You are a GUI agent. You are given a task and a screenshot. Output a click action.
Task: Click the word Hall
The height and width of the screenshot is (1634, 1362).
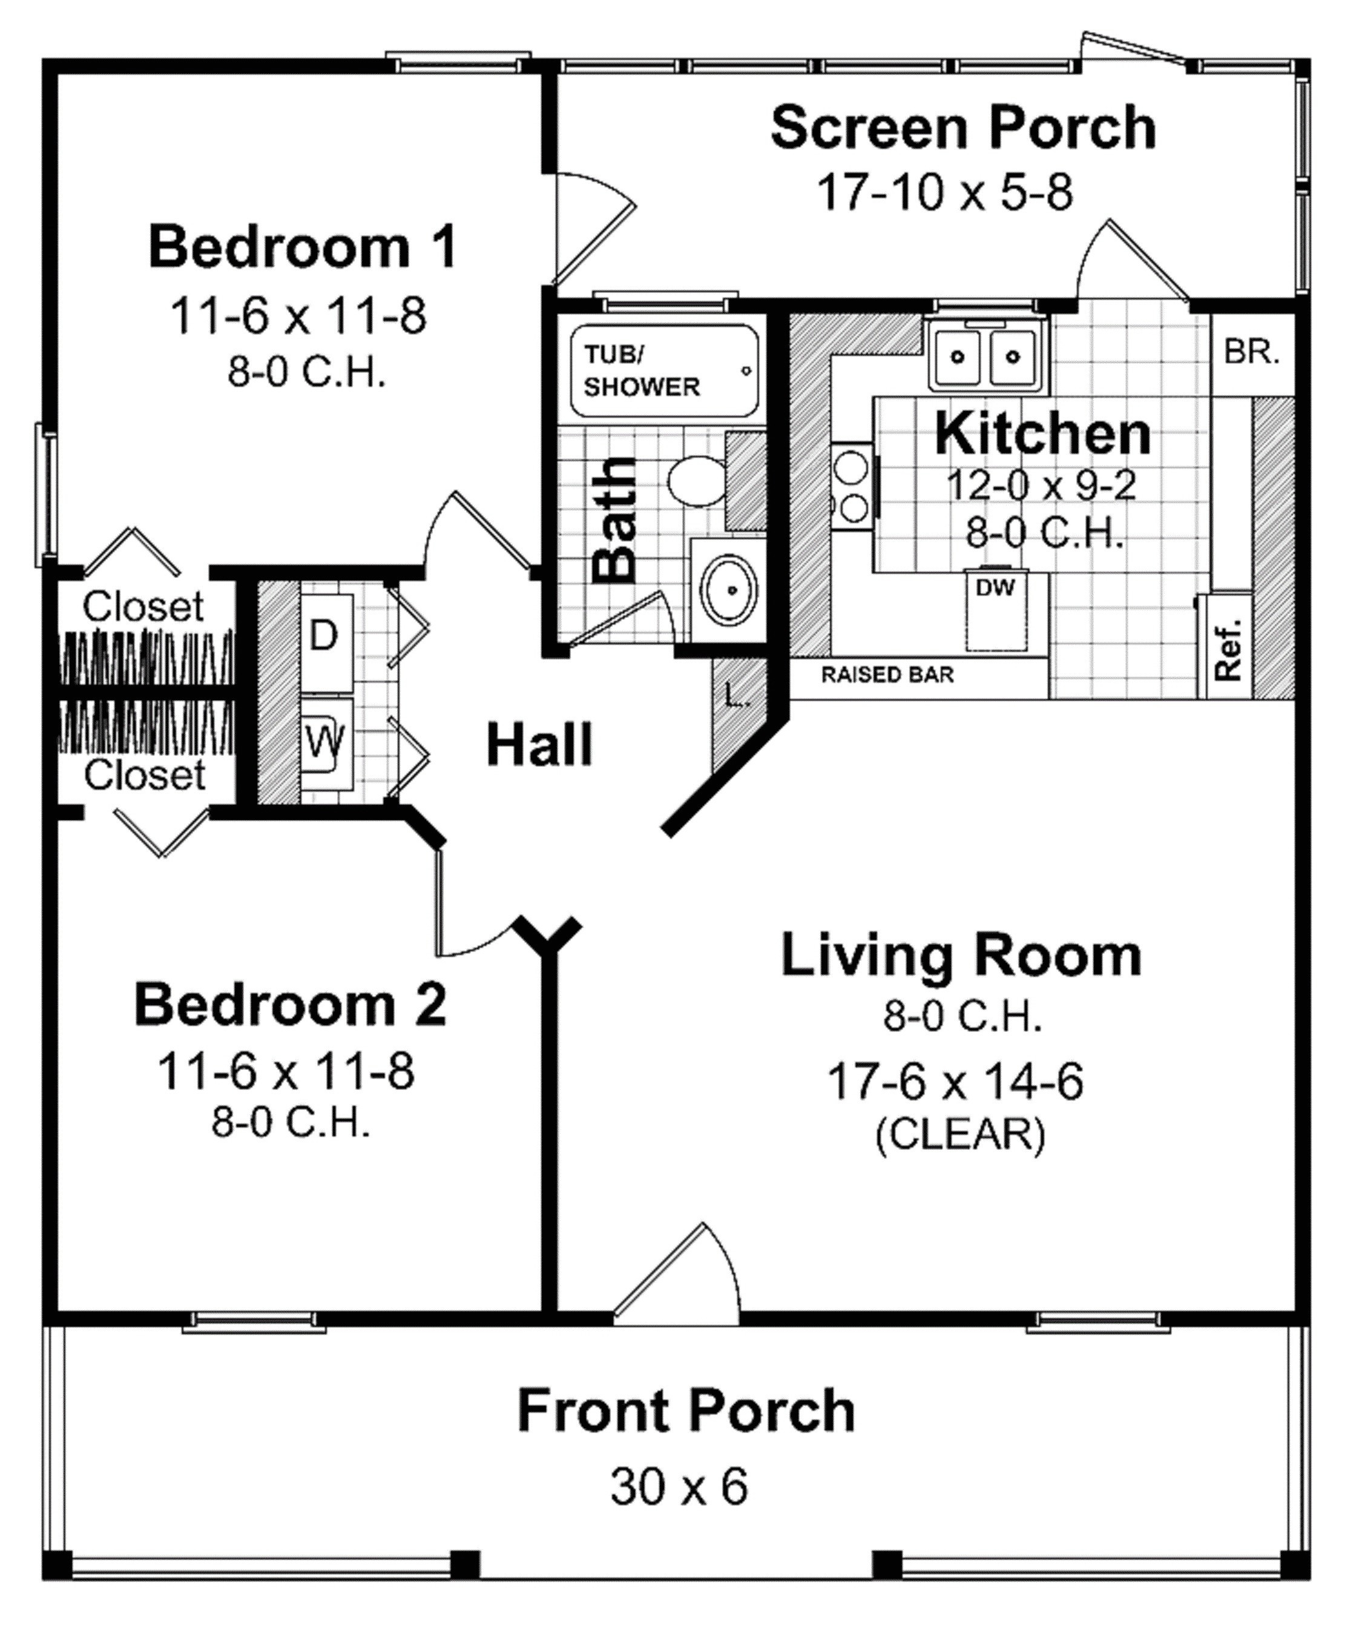[x=539, y=744]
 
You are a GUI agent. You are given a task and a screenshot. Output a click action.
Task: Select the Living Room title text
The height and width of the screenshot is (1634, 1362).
[x=961, y=956]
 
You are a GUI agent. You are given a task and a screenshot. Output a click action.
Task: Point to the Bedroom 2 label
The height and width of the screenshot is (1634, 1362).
[x=291, y=1005]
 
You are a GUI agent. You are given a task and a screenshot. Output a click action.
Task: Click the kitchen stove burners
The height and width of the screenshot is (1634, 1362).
[x=852, y=487]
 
